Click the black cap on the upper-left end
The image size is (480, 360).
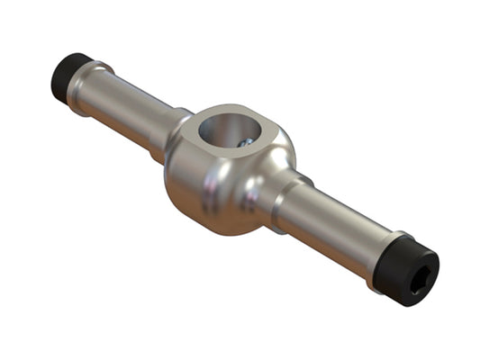68,76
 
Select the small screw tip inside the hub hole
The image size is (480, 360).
244,141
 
